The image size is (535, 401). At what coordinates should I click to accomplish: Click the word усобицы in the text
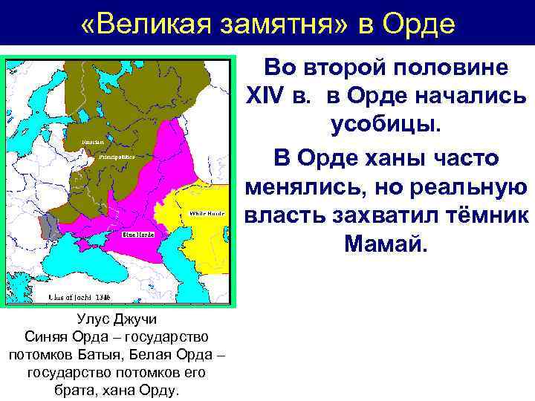[x=386, y=125]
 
